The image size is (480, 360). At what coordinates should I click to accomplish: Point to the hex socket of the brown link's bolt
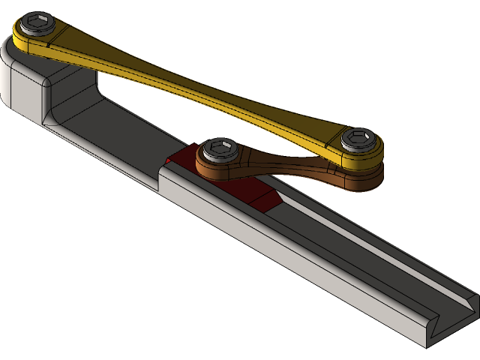click(x=219, y=148)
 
